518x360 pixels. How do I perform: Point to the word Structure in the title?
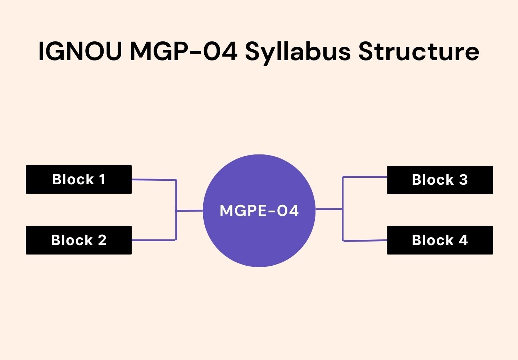[x=419, y=51]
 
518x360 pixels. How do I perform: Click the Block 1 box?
[x=79, y=180]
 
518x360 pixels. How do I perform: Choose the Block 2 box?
[x=79, y=240]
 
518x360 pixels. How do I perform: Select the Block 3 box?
[x=440, y=180]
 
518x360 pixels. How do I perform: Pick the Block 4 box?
[x=440, y=240]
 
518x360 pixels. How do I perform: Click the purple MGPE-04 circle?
[x=259, y=238]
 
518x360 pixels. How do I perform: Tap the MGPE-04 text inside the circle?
[x=259, y=211]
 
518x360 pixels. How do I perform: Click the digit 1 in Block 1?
[x=102, y=179]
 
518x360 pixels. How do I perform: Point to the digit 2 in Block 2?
[x=102, y=240]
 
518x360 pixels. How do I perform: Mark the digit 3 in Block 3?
[x=463, y=180]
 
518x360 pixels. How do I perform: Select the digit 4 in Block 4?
[x=463, y=240]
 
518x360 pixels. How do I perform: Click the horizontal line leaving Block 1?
[x=154, y=180]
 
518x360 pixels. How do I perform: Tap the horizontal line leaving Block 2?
[x=154, y=240]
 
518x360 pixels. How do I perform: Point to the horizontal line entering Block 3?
[x=365, y=177]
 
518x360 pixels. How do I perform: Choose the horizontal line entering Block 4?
[x=365, y=240]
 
